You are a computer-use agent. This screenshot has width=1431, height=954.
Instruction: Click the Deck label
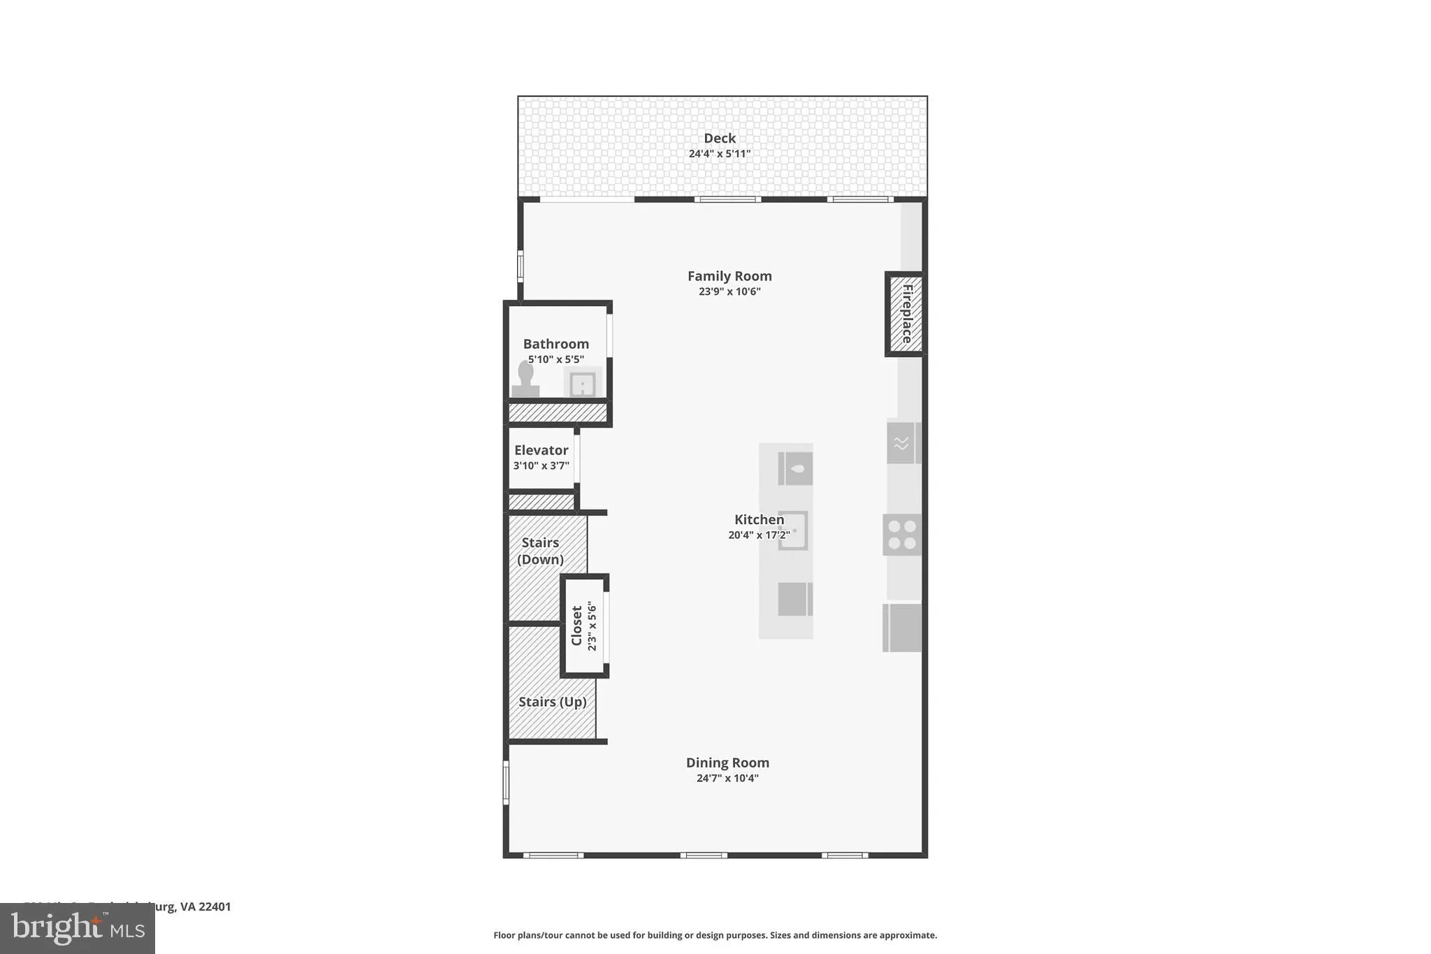(x=719, y=138)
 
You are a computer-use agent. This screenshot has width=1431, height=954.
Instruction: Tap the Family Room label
(x=729, y=276)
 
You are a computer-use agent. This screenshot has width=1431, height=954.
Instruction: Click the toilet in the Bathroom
(x=525, y=380)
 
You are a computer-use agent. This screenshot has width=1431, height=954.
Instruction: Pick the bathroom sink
(x=582, y=384)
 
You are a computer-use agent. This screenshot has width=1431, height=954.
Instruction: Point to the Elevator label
(x=541, y=450)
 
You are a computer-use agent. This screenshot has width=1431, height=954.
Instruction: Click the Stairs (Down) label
(x=540, y=551)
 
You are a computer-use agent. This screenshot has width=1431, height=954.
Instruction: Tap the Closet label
(x=576, y=626)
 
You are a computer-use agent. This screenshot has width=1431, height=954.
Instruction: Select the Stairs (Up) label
(x=552, y=702)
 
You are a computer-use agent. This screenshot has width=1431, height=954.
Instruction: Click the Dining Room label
(x=727, y=763)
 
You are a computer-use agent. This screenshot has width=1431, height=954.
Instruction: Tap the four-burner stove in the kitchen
(x=901, y=535)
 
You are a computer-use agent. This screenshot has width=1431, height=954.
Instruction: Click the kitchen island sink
(x=793, y=531)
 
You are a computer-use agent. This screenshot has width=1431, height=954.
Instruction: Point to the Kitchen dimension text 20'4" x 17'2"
(x=759, y=535)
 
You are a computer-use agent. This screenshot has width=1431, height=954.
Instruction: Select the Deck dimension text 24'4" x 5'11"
(x=719, y=154)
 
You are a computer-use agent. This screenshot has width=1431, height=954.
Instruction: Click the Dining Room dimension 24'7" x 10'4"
(x=727, y=778)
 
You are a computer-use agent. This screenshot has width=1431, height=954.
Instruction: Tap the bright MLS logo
(x=77, y=929)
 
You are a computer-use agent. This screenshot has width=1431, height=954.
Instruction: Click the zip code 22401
(x=215, y=906)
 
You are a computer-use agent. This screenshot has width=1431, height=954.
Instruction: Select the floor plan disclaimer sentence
(x=715, y=935)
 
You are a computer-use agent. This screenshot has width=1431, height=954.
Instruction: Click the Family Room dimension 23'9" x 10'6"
(x=729, y=291)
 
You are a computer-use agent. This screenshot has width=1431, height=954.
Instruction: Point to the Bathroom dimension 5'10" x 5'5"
(x=555, y=359)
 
